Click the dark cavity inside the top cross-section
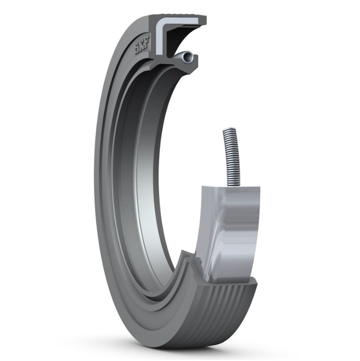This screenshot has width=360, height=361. click(179, 39)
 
